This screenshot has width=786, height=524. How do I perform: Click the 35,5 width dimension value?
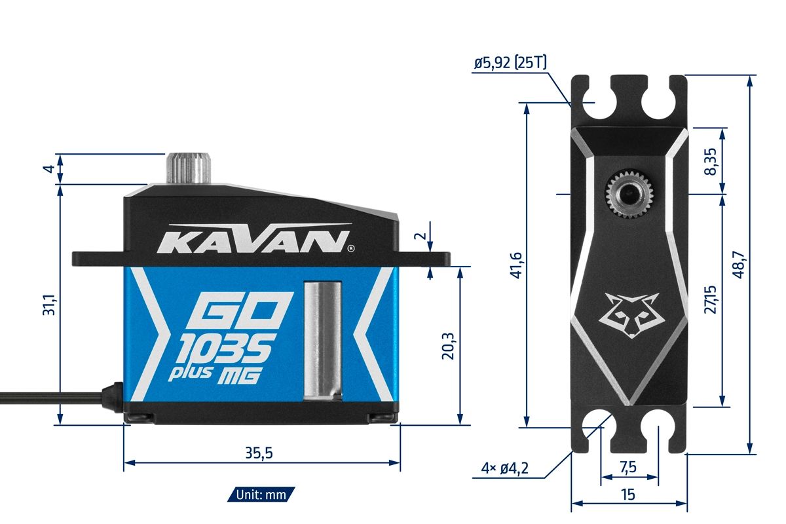[259, 453]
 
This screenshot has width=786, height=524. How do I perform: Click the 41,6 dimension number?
[515, 265]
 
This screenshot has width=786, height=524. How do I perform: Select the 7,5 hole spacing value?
[629, 468]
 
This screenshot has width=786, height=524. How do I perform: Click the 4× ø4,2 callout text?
[504, 468]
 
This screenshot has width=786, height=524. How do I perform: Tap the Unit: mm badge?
[261, 495]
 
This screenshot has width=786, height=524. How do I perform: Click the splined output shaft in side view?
[191, 168]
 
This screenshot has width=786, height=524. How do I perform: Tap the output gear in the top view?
[629, 194]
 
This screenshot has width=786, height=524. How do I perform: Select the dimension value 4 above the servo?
[47, 169]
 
